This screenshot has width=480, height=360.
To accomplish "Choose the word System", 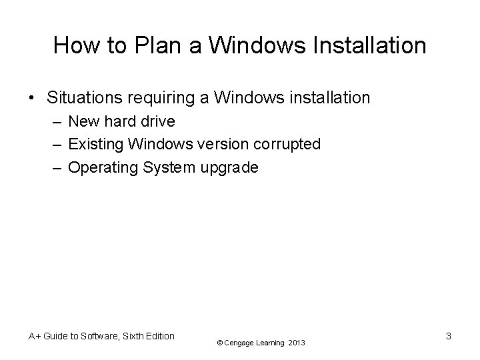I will coord(169,167).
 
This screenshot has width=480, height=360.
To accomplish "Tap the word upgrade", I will coord(229,168).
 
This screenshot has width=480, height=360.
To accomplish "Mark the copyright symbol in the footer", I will coord(219,343).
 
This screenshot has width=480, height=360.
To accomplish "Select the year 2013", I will coord(297,343).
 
